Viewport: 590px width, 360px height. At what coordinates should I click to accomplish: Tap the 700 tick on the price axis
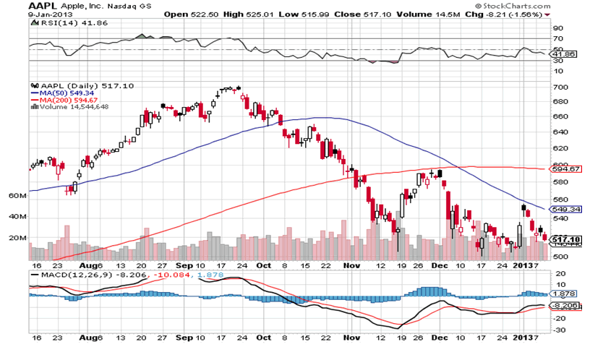pos(559,87)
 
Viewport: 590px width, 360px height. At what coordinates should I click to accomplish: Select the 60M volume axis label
pos(17,196)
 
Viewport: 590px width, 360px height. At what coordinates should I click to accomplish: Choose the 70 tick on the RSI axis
pos(557,38)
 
